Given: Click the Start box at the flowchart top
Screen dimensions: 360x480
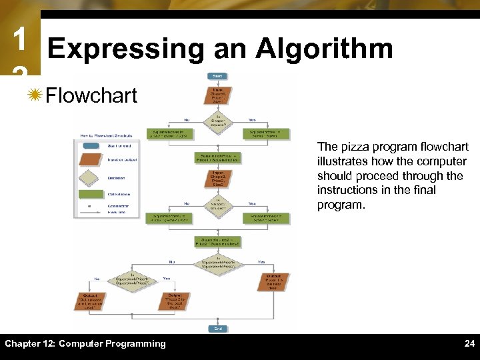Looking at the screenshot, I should tap(217, 76).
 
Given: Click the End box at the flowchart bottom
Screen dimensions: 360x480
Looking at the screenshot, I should tap(217, 328).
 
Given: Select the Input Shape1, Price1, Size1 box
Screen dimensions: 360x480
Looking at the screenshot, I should tap(218, 95).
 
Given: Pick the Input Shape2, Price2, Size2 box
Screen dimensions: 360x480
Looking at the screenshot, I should tap(217, 179).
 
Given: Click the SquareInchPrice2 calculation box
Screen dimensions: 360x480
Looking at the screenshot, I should tap(217, 241).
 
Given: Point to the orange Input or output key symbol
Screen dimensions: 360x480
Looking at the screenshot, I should tap(90, 159).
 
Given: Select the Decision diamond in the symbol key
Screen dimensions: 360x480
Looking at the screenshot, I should tap(90, 177).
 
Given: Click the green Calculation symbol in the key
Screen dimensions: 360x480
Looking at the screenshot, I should tap(90, 194).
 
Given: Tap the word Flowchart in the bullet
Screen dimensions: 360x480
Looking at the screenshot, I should tap(91, 95).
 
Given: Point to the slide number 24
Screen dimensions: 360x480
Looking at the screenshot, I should tap(469, 344).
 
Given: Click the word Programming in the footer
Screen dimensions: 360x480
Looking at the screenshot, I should tap(137, 344).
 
